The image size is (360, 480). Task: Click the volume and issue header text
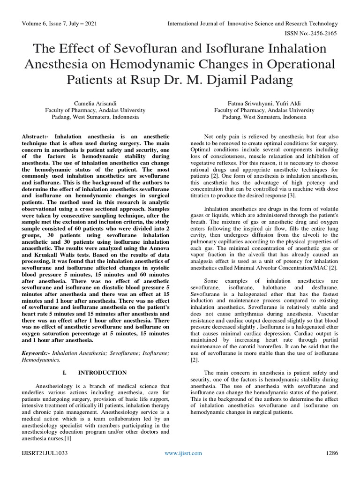click(x=57, y=23)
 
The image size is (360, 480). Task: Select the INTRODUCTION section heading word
click(x=102, y=373)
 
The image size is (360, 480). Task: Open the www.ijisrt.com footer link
click(x=183, y=453)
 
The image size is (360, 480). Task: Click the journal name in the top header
click(x=252, y=23)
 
